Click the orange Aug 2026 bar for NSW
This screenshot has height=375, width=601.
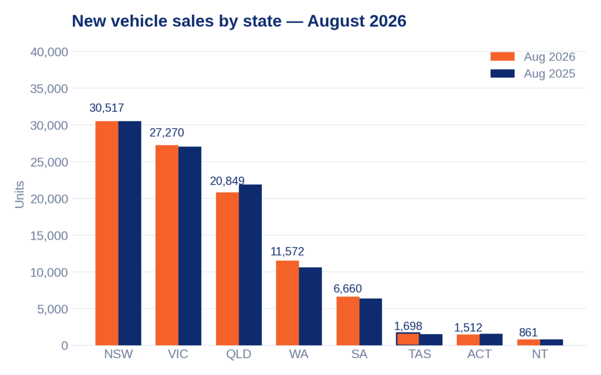point(107,233)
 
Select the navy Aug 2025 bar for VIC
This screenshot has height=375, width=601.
point(190,246)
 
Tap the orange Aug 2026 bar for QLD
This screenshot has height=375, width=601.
point(227,268)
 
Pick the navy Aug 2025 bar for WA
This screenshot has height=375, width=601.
point(310,306)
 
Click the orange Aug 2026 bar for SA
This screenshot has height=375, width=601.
point(348,321)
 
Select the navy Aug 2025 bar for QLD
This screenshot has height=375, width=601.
point(250,265)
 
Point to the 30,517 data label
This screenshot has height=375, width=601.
point(107,108)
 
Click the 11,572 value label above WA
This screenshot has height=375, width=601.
point(288,251)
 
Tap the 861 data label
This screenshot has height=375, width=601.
point(528,332)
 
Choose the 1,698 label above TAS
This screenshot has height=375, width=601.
point(408,326)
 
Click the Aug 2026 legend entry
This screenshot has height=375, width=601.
point(533,57)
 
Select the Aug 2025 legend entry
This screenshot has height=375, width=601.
point(533,73)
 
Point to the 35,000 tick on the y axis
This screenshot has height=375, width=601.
point(49,89)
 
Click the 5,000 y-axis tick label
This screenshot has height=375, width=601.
point(52,309)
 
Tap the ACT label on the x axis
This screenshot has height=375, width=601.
point(480,354)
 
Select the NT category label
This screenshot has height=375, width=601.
point(540,354)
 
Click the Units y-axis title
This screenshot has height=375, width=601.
point(19,195)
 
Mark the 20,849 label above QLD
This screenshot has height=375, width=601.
point(227,181)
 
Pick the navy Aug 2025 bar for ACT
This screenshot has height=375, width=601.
point(491,340)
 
